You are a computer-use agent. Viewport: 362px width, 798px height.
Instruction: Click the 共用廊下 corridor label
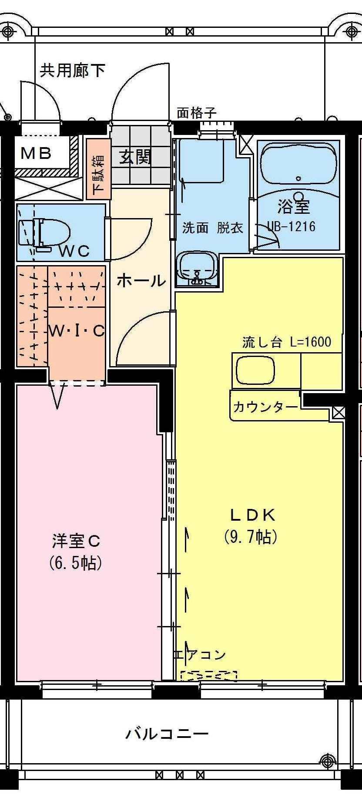tap(73, 70)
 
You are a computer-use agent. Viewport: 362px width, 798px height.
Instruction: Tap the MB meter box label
tap(37, 153)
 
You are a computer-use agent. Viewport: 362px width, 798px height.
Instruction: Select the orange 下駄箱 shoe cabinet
tap(98, 169)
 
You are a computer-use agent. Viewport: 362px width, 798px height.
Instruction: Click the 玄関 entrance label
tap(136, 157)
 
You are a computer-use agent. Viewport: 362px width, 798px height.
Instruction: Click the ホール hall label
tap(141, 281)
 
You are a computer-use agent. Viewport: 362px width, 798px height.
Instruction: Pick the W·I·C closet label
tap(77, 331)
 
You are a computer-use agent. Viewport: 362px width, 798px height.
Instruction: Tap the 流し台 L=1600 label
tap(286, 342)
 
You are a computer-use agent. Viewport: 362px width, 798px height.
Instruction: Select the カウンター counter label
tap(265, 407)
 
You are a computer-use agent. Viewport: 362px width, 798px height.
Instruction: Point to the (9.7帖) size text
tap(251, 537)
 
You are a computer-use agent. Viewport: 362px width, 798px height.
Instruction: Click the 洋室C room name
tap(76, 541)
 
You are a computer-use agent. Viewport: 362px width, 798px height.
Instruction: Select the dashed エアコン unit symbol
tap(209, 675)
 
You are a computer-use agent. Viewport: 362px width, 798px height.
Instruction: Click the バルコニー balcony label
tap(168, 734)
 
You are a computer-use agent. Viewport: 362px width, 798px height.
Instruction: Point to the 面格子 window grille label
tap(196, 114)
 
